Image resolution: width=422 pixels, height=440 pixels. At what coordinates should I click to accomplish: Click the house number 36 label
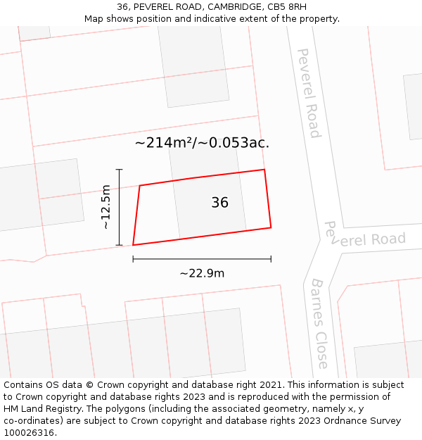pyautogui.click(x=219, y=203)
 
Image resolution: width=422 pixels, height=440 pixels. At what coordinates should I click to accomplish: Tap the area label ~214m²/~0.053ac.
pyautogui.click(x=202, y=143)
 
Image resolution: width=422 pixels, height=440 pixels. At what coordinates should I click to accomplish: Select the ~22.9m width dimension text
pyautogui.click(x=202, y=273)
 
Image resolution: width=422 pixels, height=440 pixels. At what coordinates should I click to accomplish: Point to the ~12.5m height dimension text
pyautogui.click(x=106, y=207)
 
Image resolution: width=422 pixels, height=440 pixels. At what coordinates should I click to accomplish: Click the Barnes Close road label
pyautogui.click(x=319, y=323)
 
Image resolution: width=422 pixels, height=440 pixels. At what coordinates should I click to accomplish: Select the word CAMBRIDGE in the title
pyautogui.click(x=217, y=6)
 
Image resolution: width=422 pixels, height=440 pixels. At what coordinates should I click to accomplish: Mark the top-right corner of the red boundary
pyautogui.click(x=264, y=170)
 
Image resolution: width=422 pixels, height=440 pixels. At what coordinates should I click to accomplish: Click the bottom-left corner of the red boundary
pyautogui.click(x=133, y=245)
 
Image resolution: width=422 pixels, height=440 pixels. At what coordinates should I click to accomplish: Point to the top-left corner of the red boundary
pyautogui.click(x=140, y=186)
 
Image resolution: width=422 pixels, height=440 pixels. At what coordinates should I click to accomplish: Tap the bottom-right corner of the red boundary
pyautogui.click(x=271, y=227)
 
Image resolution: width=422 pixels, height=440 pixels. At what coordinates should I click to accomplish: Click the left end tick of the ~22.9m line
pyautogui.click(x=133, y=259)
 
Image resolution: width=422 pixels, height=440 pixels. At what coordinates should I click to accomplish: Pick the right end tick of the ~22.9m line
pyautogui.click(x=271, y=259)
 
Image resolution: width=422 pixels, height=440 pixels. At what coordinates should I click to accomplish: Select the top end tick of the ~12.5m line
pyautogui.click(x=120, y=170)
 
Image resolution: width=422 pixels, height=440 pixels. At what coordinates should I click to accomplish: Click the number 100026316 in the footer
pyautogui.click(x=29, y=432)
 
